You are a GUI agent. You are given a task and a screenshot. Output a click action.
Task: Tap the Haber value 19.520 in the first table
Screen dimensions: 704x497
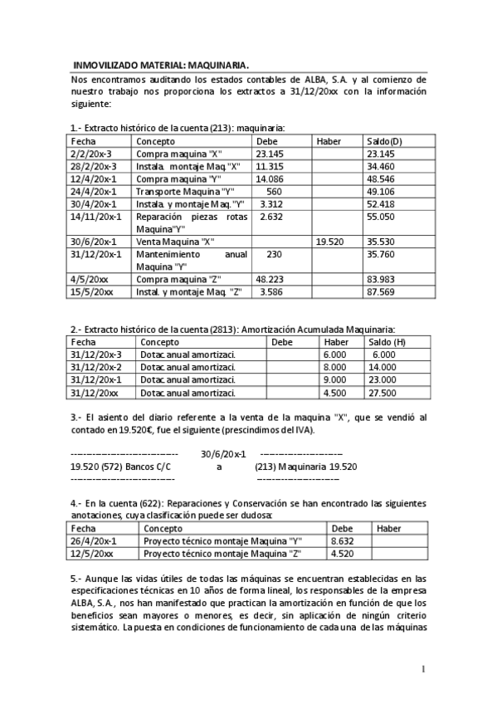pyautogui.click(x=329, y=241)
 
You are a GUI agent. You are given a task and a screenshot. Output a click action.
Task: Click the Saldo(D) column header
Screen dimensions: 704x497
pyautogui.click(x=384, y=141)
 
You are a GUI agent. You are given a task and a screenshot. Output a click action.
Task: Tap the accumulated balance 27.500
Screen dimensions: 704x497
pyautogui.click(x=382, y=393)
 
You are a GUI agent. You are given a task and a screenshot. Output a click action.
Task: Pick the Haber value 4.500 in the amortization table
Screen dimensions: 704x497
pyautogui.click(x=336, y=393)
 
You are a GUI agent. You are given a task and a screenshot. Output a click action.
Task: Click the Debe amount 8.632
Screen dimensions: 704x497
pyautogui.click(x=343, y=541)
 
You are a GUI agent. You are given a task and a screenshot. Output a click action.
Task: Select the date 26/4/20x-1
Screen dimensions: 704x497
pyautogui.click(x=95, y=541)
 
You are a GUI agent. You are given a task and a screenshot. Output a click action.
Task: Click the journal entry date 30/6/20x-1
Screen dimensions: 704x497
pyautogui.click(x=223, y=454)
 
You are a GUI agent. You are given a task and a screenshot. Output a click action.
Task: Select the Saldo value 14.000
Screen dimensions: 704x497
pyautogui.click(x=382, y=367)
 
